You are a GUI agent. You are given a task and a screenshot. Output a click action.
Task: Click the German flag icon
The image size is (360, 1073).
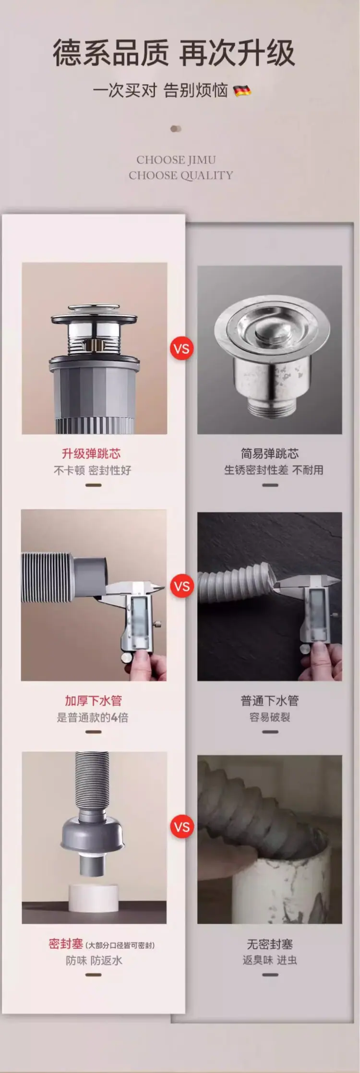click(x=242, y=90)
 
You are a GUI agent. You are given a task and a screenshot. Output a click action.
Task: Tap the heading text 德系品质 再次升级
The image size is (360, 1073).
click(x=174, y=53)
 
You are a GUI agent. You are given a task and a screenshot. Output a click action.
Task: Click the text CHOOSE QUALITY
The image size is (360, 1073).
click(x=180, y=175)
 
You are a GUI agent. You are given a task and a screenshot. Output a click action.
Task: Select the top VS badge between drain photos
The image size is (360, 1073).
click(x=182, y=348)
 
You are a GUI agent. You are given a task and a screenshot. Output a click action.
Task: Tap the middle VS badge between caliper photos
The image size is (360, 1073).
click(x=182, y=586)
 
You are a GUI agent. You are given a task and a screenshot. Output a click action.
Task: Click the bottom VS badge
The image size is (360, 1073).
click(x=182, y=827)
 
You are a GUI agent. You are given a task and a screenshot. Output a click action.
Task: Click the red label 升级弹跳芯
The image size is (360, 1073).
click(x=91, y=454)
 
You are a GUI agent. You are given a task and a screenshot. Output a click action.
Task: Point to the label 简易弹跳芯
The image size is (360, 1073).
click(x=270, y=454)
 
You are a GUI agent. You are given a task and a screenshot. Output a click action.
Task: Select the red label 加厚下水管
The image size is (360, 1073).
click(x=93, y=701)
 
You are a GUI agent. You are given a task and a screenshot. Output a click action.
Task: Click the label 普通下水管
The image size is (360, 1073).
click(x=270, y=701)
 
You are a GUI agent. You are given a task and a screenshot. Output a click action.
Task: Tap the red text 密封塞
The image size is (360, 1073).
click(x=66, y=944)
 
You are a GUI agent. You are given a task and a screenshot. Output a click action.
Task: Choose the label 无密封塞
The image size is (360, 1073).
click(x=270, y=944)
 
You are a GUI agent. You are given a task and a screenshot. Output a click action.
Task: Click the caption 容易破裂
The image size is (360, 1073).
click(x=270, y=717)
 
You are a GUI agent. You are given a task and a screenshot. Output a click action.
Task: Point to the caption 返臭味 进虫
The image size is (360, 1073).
click(x=270, y=960)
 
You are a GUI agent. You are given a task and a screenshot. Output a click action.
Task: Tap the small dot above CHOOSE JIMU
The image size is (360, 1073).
click(x=176, y=129)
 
